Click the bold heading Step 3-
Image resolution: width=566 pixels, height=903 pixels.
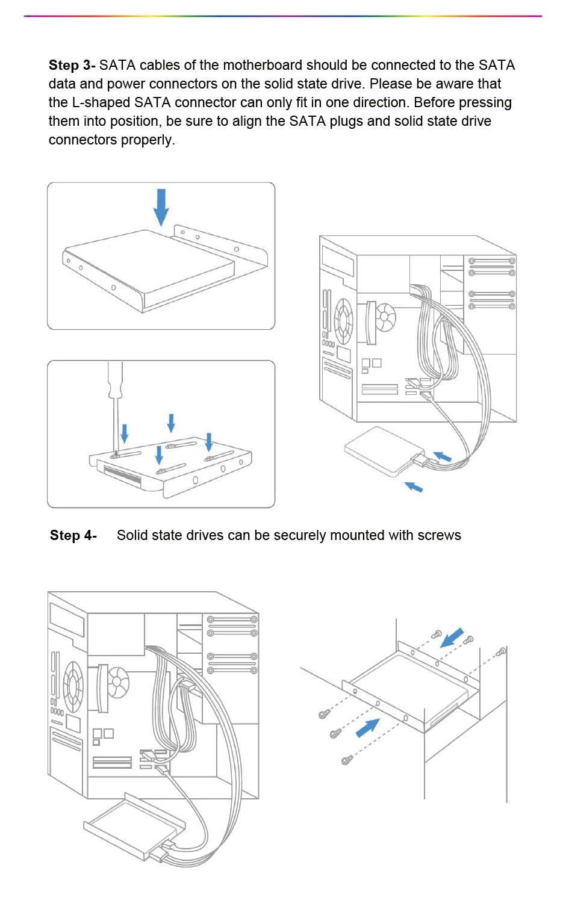point(72,65)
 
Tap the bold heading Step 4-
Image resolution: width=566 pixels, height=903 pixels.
point(73,535)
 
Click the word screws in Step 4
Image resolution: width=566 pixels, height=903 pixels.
point(441,535)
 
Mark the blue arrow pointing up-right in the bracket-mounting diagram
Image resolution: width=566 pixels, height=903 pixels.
point(367,727)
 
